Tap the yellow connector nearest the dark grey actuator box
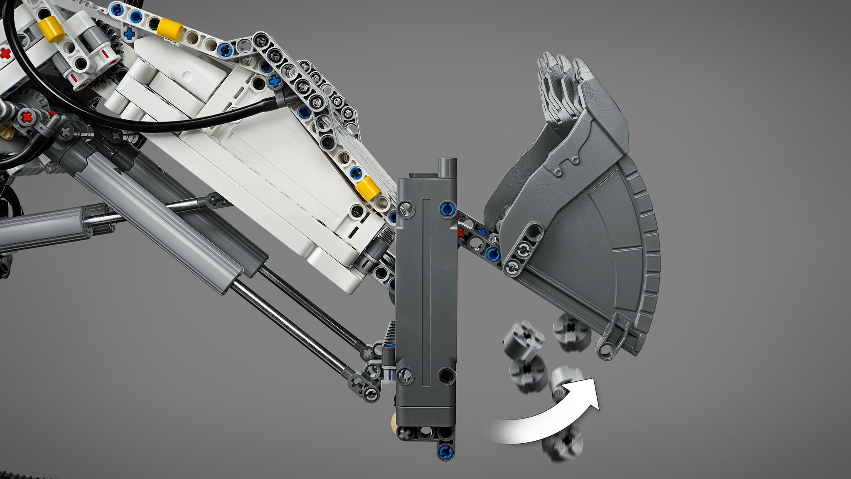[x=368, y=188]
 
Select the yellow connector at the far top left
[x=51, y=30]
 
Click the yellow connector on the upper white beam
[x=170, y=29]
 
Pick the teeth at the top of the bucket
[x=559, y=83]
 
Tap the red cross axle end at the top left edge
[x=5, y=53]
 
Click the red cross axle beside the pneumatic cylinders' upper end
[x=27, y=117]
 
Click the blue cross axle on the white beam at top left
[x=129, y=33]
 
